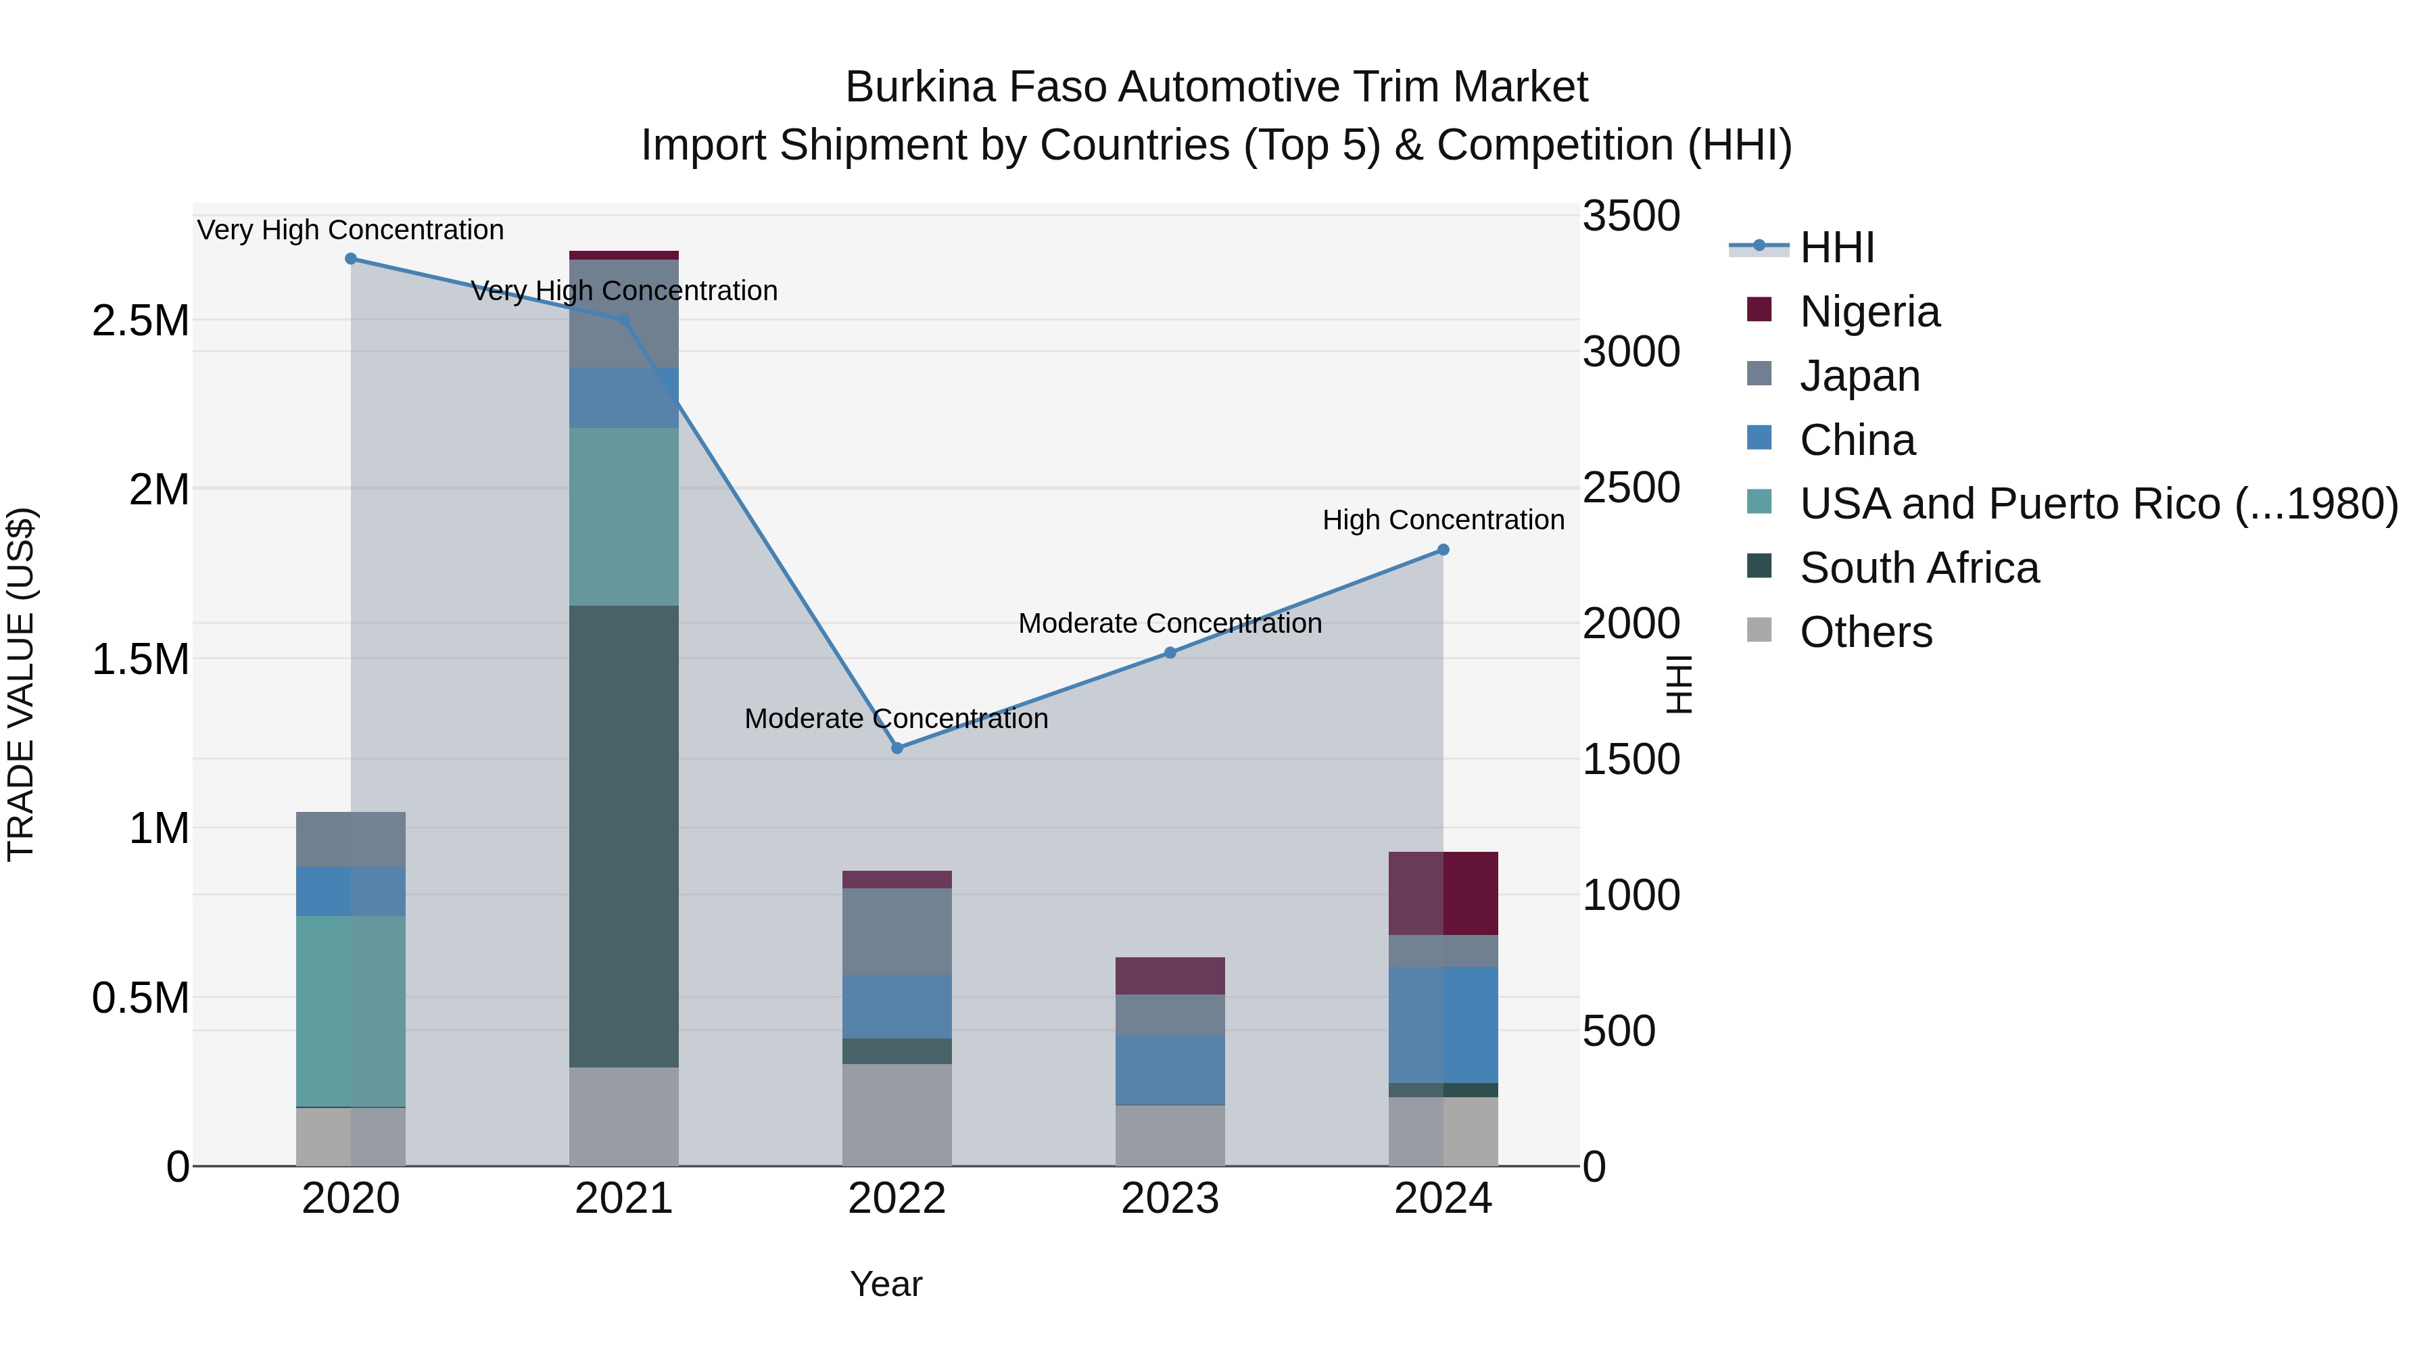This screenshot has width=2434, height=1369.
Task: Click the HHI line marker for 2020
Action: coord(350,259)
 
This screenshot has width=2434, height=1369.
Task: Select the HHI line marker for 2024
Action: coord(1443,550)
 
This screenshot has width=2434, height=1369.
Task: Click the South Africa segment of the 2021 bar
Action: coord(623,836)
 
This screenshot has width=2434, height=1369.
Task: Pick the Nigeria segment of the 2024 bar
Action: coord(1443,893)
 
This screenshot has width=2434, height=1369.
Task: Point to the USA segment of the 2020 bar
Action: coord(350,1011)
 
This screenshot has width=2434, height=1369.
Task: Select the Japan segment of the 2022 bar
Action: coord(897,932)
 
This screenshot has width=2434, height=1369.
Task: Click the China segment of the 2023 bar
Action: coord(1170,1070)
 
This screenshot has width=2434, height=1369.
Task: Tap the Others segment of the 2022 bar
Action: coord(897,1115)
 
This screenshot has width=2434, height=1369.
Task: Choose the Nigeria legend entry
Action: coord(1869,312)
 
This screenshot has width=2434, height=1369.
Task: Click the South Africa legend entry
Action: coord(1918,568)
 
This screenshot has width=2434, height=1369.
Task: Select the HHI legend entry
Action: coord(1836,247)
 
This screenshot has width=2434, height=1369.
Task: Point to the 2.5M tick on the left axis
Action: coord(141,321)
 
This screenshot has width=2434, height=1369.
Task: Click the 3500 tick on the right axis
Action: coord(1631,216)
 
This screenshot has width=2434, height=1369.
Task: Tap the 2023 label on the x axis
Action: coord(1170,1199)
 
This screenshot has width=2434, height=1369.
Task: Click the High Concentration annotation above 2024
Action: coord(1443,520)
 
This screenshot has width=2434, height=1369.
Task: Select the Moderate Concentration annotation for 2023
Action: coord(1170,623)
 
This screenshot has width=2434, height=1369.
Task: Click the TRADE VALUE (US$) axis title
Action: coord(21,684)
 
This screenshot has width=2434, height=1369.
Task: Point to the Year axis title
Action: coord(885,1284)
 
